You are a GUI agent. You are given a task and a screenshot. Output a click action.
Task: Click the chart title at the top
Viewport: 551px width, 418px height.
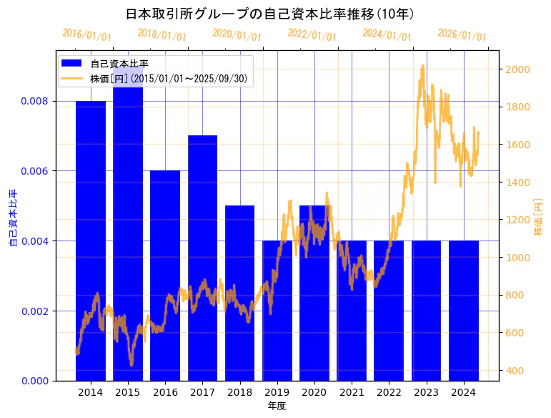click(x=269, y=14)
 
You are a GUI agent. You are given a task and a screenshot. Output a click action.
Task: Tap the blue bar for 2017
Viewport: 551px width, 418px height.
click(x=203, y=258)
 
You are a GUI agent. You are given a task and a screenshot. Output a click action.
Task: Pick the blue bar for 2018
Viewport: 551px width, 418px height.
click(x=240, y=293)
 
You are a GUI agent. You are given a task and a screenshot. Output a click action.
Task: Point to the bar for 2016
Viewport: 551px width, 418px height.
click(x=165, y=276)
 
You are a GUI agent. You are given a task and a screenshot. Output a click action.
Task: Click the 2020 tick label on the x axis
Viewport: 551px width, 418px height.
click(x=314, y=392)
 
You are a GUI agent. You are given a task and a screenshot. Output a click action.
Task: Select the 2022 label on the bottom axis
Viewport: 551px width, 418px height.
click(x=389, y=392)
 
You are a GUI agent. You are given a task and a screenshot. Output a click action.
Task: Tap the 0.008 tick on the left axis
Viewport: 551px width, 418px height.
click(x=35, y=101)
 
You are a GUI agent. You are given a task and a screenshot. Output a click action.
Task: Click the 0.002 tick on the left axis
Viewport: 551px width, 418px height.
click(x=35, y=311)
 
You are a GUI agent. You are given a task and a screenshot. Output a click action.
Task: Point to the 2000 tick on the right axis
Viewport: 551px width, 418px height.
click(x=517, y=69)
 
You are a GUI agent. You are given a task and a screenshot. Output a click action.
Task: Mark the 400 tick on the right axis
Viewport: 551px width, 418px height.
click(x=515, y=371)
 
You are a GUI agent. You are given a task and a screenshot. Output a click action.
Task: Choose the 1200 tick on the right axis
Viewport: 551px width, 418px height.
click(x=517, y=220)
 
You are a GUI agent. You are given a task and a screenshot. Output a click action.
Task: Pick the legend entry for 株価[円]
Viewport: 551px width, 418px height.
click(x=169, y=79)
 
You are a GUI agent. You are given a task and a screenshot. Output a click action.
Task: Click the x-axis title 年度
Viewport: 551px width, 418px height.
click(x=277, y=406)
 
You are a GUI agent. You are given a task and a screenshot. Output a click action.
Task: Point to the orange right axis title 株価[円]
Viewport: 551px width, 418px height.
click(x=538, y=218)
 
